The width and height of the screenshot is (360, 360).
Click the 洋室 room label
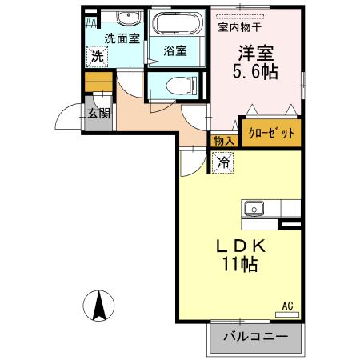coord(254,52)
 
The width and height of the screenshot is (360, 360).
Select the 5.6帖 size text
coord(254,72)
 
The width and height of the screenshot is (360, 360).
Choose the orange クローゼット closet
coord(272,132)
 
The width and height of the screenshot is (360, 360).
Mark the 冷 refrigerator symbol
coord(223,162)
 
